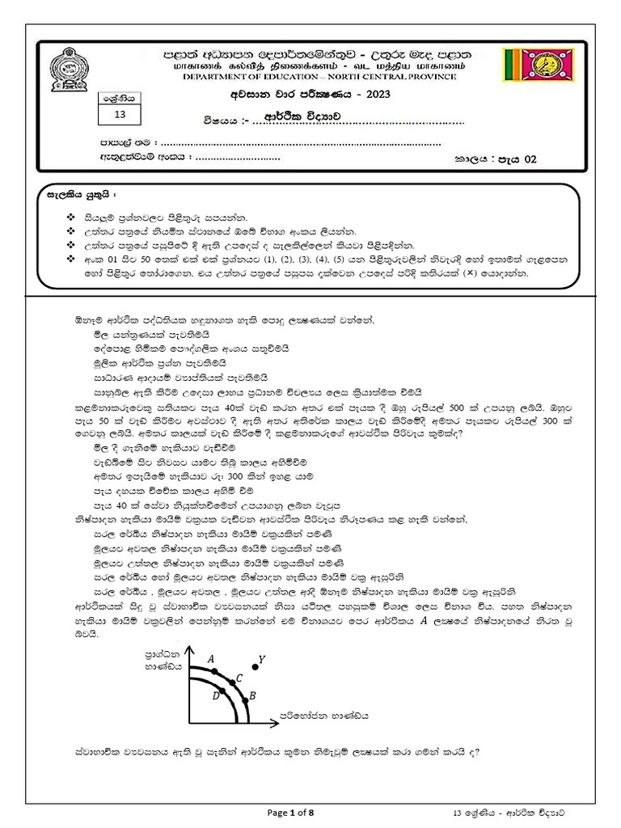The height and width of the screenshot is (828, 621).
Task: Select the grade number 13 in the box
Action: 120,115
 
